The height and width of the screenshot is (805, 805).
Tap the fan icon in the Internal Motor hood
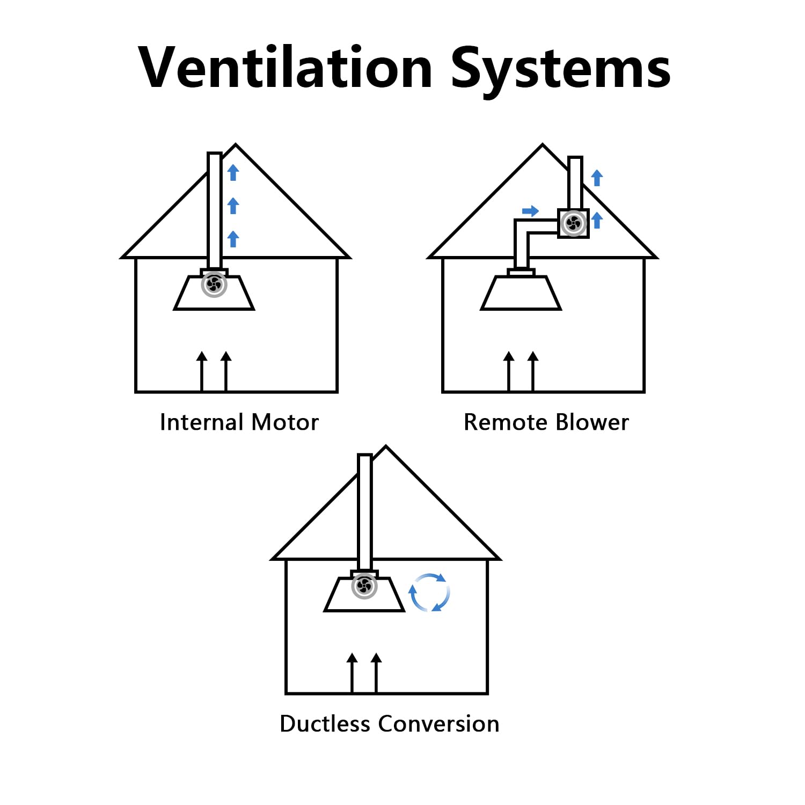click(214, 285)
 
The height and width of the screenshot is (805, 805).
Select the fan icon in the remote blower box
click(573, 223)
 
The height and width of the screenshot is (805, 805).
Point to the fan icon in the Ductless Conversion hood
click(364, 586)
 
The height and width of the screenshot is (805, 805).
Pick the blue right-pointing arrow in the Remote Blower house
click(530, 211)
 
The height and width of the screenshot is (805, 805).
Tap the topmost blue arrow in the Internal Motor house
click(233, 172)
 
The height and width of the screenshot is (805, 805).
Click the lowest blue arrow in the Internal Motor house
click(233, 239)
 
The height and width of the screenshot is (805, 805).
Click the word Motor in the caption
click(285, 422)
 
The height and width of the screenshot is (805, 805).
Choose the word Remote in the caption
click(506, 422)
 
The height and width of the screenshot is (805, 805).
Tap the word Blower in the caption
click(592, 422)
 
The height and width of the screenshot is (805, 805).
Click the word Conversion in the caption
click(439, 724)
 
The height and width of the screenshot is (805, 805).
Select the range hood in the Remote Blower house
click(521, 290)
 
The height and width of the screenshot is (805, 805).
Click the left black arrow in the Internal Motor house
click(202, 371)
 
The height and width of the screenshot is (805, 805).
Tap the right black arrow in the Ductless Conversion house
click(376, 673)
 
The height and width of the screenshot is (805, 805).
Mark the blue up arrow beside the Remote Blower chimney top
click(597, 178)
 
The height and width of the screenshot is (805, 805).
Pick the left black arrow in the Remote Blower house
click(509, 371)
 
